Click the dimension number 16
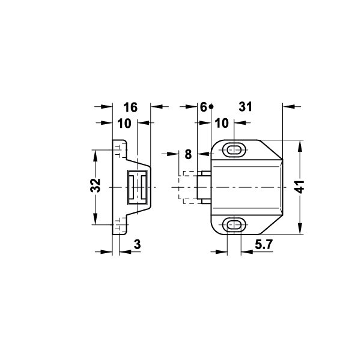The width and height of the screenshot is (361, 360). [130, 107]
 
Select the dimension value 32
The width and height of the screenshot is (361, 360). [96, 185]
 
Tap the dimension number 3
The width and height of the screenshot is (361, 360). [137, 244]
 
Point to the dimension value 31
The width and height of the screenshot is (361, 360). [246, 107]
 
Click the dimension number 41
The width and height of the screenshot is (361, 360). [300, 187]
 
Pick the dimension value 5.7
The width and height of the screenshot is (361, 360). [264, 244]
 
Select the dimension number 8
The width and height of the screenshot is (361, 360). [188, 154]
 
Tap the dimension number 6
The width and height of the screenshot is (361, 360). [204, 107]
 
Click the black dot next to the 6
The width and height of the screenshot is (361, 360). [211, 107]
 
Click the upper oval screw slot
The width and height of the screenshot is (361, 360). [234, 150]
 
